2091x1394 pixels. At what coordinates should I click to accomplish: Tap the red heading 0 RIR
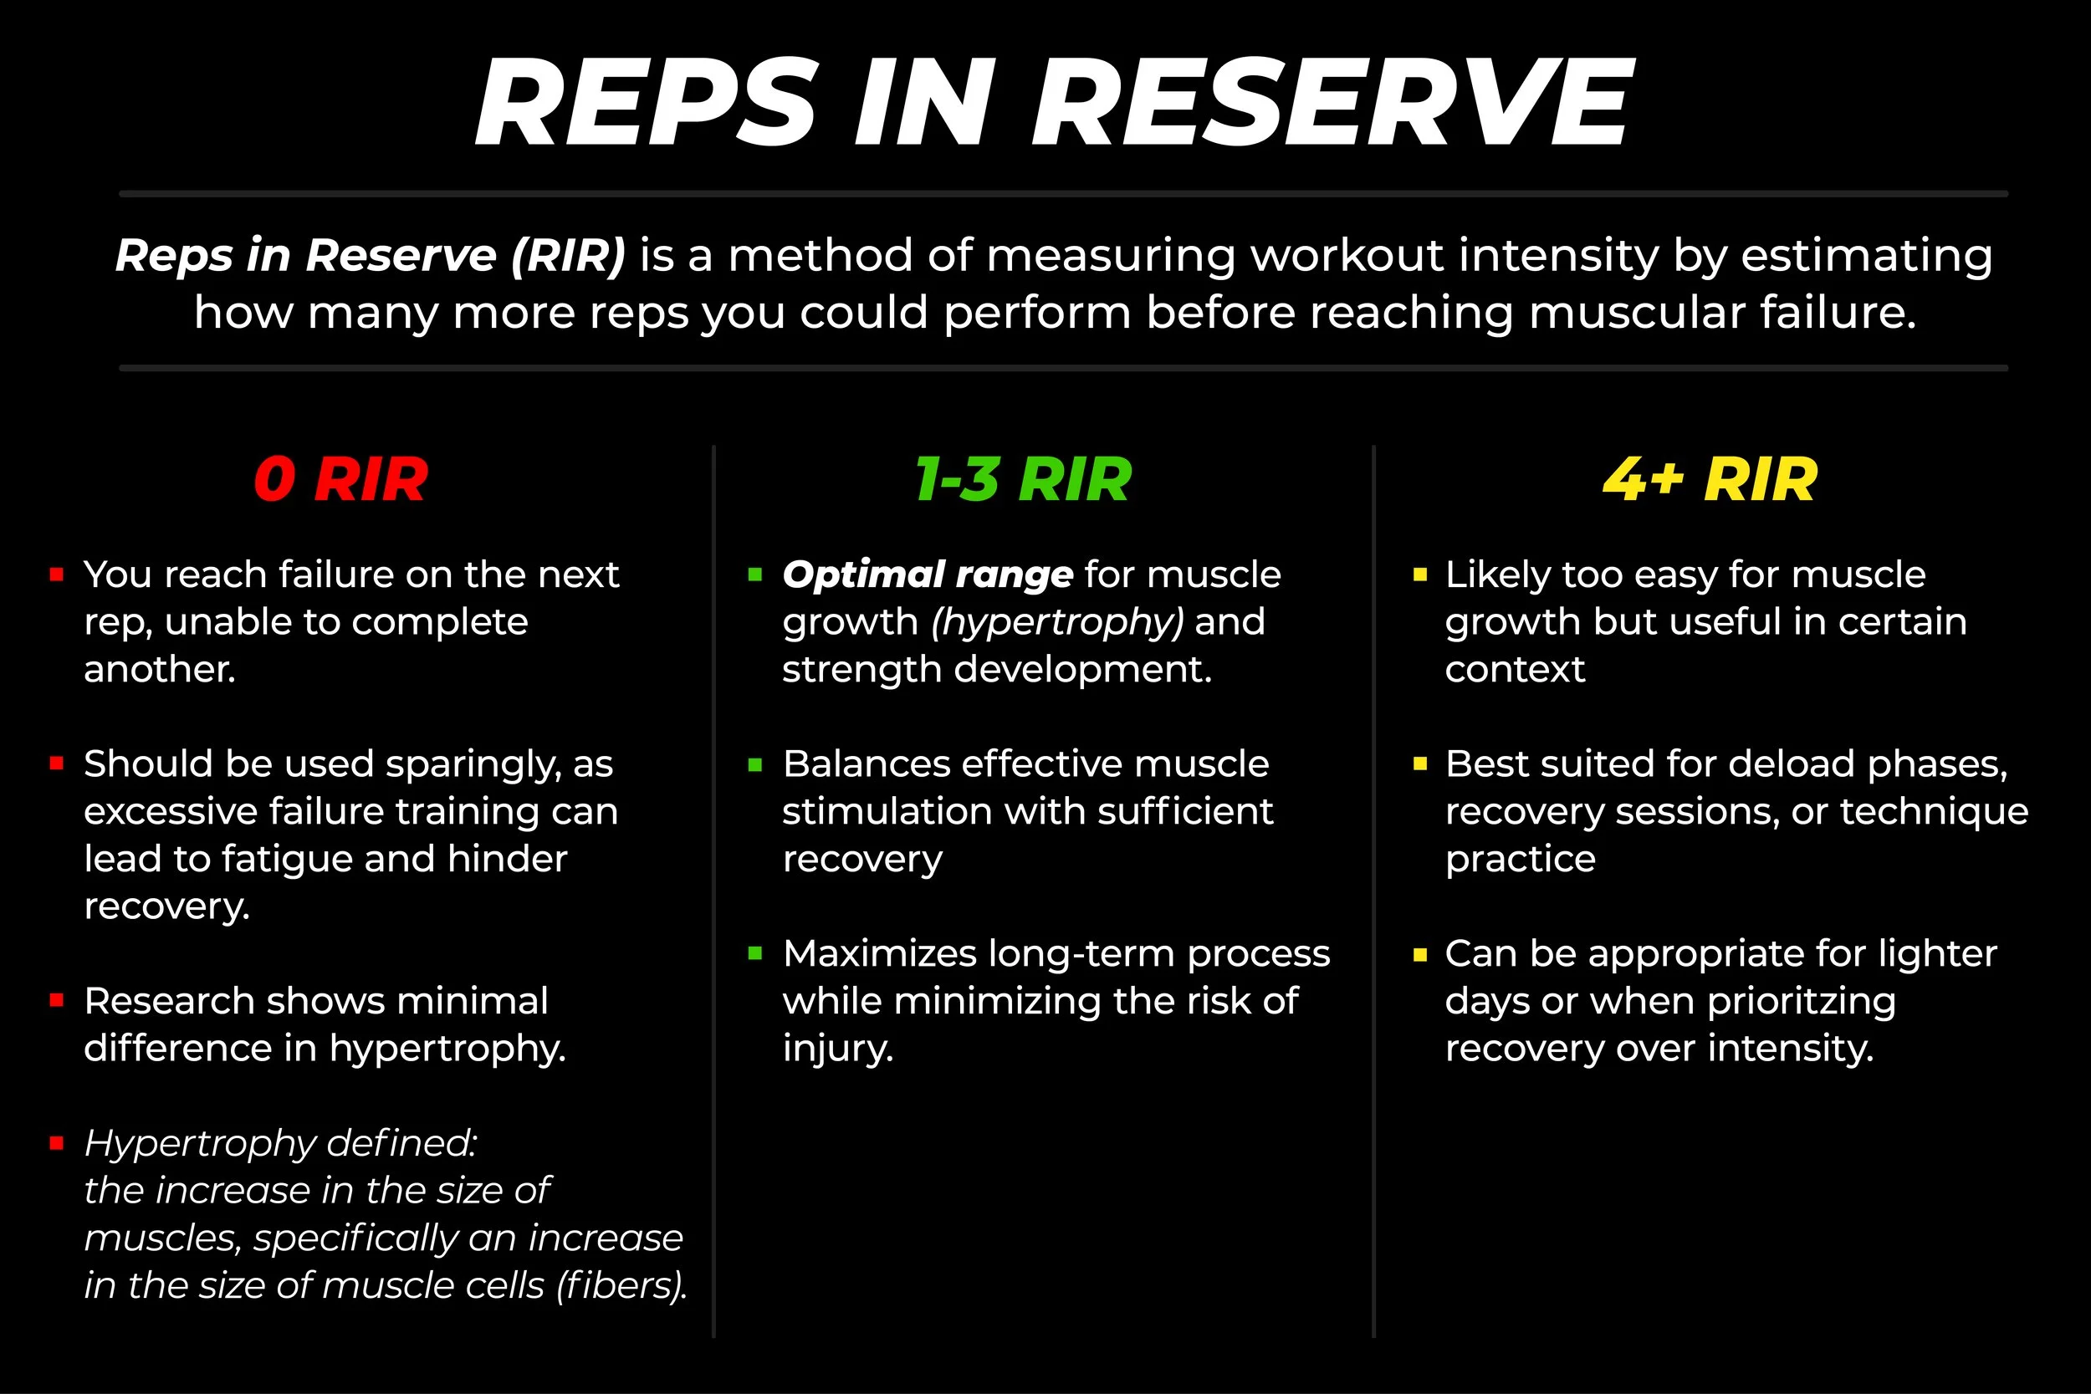[x=340, y=480]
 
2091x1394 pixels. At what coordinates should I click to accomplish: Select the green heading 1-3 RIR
[x=1023, y=480]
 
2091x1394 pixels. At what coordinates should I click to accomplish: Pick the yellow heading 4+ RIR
[x=1710, y=480]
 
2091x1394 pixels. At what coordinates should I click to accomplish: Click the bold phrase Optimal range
[x=928, y=575]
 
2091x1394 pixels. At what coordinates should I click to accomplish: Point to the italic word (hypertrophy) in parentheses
[x=1057, y=622]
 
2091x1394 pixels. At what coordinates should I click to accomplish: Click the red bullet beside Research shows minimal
[x=57, y=1000]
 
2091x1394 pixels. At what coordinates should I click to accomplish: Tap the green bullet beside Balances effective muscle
[x=755, y=764]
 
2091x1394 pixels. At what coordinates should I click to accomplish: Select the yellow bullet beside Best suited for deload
[x=1419, y=763]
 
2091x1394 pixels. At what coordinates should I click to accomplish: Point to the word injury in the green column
[x=836, y=1050]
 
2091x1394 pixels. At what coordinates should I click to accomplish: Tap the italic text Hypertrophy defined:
[x=280, y=1143]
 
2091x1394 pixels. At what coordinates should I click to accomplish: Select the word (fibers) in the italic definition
[x=621, y=1285]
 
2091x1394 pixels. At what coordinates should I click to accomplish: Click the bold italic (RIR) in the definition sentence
[x=568, y=256]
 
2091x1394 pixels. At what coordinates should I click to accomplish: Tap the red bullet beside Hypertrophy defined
[x=57, y=1143]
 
